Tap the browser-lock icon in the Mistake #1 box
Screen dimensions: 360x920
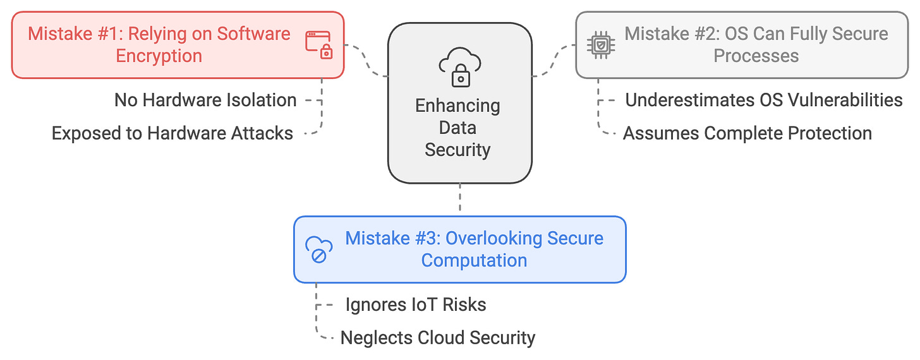tap(319, 44)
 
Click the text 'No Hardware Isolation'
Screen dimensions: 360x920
tap(205, 100)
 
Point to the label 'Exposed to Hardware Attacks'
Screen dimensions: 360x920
tap(172, 133)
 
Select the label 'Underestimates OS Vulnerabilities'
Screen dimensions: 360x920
tap(763, 100)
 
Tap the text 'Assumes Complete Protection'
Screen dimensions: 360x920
tap(747, 133)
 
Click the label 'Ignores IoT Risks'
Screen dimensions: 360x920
tap(416, 304)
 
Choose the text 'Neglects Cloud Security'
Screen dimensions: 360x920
tap(437, 338)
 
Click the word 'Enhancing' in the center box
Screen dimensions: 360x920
tap(457, 105)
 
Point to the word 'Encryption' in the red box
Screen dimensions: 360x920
tap(159, 56)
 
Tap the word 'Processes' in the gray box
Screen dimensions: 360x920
tap(756, 56)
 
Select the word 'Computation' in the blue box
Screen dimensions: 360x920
tap(474, 260)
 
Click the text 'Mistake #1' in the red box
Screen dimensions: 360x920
tap(73, 33)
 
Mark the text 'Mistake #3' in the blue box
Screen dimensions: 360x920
tap(392, 238)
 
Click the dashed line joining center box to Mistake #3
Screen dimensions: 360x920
tap(459, 200)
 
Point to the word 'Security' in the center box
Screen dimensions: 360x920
tap(457, 150)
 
